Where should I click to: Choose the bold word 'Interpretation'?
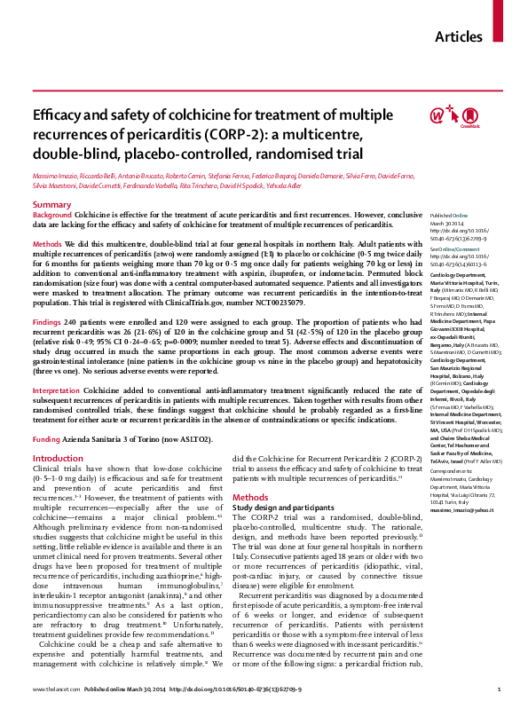[x=60, y=390]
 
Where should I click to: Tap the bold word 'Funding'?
[x=48, y=439]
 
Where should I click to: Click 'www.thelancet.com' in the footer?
[x=52, y=689]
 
